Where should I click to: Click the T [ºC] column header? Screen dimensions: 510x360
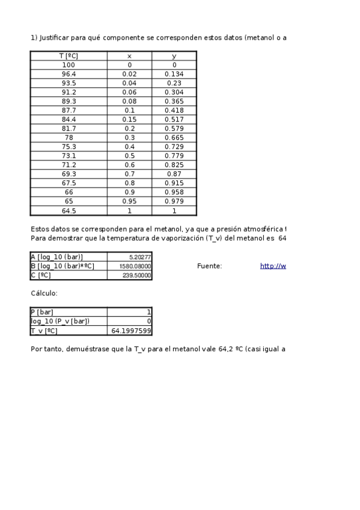69,56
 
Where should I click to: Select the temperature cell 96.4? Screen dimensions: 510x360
69,74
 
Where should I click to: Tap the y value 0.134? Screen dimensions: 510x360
174,74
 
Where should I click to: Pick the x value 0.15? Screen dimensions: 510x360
129,119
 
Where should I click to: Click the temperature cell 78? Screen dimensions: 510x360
69,138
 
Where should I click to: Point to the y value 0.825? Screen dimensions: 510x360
174,165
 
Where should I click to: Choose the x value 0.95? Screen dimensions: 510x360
129,201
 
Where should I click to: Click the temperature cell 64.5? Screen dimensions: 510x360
69,210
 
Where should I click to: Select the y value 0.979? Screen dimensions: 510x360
174,201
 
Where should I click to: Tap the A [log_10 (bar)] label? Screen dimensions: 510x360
56,257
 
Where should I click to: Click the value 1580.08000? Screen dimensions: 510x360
138,266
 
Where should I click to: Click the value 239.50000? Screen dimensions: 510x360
138,275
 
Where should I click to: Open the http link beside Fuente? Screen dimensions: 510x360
273,266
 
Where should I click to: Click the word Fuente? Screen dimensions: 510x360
209,266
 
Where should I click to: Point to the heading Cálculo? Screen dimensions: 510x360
44,293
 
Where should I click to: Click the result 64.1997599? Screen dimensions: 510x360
131,331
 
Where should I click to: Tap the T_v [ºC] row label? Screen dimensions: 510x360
44,331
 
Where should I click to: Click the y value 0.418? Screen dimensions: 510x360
174,110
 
